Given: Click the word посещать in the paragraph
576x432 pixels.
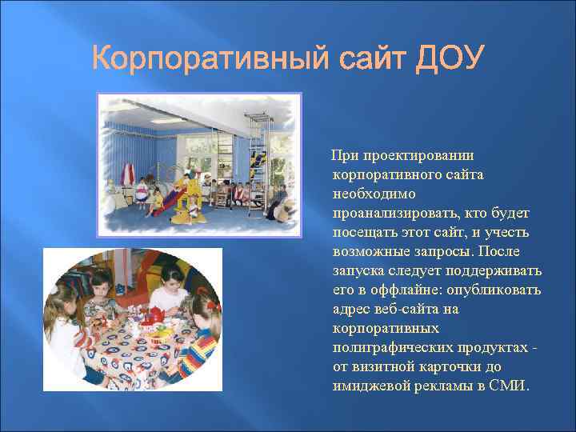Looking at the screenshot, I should (x=362, y=232).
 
